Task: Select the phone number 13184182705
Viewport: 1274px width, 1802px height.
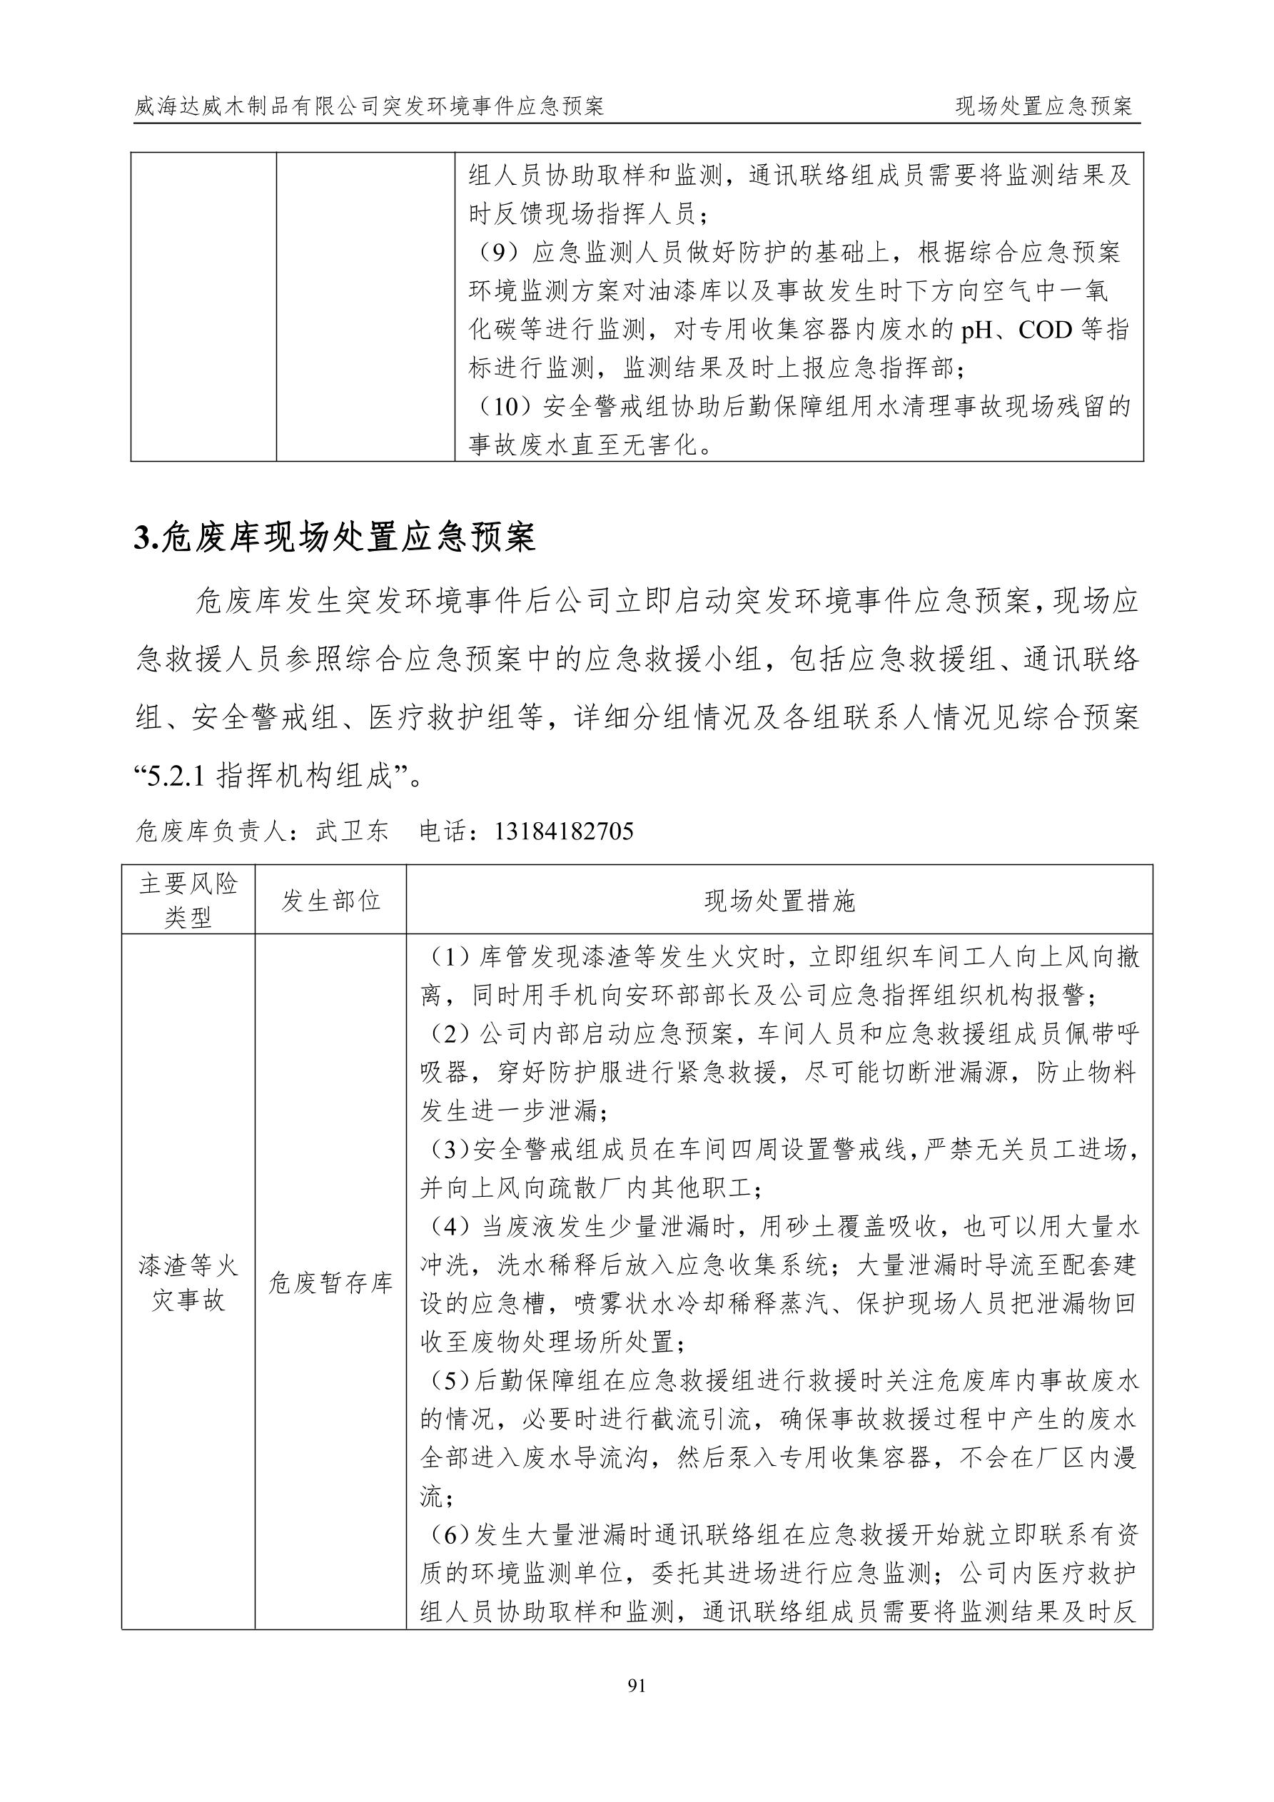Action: (x=563, y=831)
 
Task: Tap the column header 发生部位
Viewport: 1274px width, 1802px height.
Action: (x=330, y=900)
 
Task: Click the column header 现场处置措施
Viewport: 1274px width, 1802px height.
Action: (x=779, y=900)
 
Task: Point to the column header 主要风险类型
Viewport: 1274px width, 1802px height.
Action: (x=188, y=900)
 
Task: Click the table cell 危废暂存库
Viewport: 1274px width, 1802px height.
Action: (x=330, y=1283)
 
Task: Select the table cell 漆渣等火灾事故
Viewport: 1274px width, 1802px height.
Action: (x=188, y=1283)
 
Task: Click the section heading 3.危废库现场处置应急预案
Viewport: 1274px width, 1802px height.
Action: (x=335, y=538)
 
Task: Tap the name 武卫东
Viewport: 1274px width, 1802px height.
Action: (x=352, y=831)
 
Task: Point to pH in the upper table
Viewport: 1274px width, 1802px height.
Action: (x=977, y=330)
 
